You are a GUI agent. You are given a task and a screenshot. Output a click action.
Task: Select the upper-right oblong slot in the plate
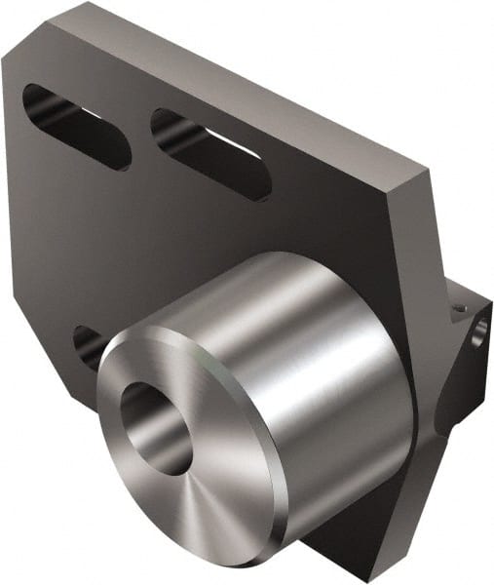click(x=209, y=154)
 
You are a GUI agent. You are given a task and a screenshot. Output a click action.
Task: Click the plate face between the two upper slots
click(x=141, y=136)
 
